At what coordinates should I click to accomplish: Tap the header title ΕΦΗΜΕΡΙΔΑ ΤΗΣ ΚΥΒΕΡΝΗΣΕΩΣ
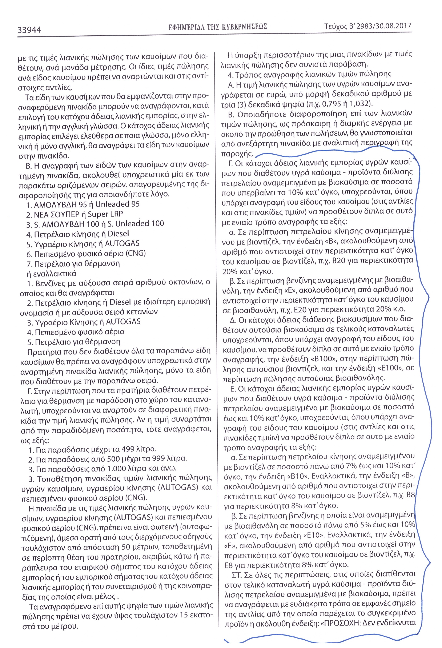tap(218, 27)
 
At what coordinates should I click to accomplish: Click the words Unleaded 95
tap(117, 204)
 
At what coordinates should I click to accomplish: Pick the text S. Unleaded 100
tap(140, 224)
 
